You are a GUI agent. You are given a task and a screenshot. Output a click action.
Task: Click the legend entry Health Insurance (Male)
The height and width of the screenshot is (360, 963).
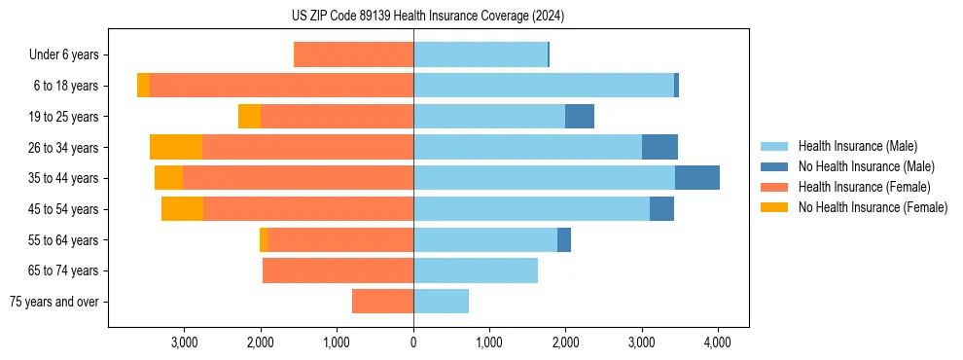(857, 146)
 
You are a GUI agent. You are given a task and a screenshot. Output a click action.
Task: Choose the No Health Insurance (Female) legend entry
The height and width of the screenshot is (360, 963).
(873, 207)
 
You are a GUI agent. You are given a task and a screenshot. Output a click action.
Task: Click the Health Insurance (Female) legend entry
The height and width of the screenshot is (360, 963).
(864, 187)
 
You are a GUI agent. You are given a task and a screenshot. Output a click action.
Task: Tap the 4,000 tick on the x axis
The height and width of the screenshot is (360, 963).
(718, 342)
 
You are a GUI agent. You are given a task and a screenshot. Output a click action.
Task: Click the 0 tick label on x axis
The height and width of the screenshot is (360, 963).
(413, 342)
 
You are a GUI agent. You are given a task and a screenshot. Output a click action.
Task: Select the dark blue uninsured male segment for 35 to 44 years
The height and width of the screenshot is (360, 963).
(697, 178)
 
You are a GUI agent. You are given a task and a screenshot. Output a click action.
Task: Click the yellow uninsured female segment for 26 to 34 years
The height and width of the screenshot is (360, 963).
(176, 148)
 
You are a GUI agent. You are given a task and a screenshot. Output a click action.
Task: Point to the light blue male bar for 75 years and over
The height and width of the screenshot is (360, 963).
(441, 302)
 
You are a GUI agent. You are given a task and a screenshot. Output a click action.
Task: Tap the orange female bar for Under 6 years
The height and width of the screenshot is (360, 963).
(353, 55)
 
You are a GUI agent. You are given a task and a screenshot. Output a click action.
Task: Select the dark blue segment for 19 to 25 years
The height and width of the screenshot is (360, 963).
(580, 117)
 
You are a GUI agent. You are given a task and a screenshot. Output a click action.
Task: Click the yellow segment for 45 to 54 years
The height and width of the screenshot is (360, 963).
(182, 209)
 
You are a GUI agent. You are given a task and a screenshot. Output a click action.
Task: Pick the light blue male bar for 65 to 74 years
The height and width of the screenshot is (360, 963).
(476, 270)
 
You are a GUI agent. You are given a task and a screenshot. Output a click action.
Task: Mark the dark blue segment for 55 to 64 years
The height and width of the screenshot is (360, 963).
(564, 240)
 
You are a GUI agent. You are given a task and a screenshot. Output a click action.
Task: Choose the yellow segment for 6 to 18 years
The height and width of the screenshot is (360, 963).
(143, 86)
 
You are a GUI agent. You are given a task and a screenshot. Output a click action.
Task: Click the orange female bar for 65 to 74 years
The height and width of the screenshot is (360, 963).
(338, 270)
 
